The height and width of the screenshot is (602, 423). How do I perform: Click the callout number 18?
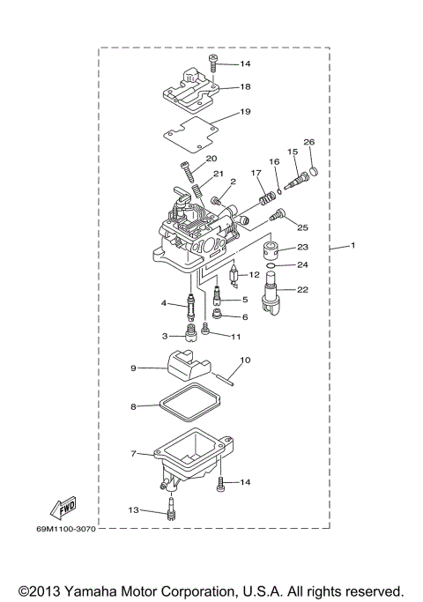tap(245, 86)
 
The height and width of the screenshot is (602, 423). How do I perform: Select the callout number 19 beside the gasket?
tap(245, 112)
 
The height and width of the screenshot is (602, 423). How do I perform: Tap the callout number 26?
tap(308, 142)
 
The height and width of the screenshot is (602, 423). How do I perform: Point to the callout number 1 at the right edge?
tap(352, 246)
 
